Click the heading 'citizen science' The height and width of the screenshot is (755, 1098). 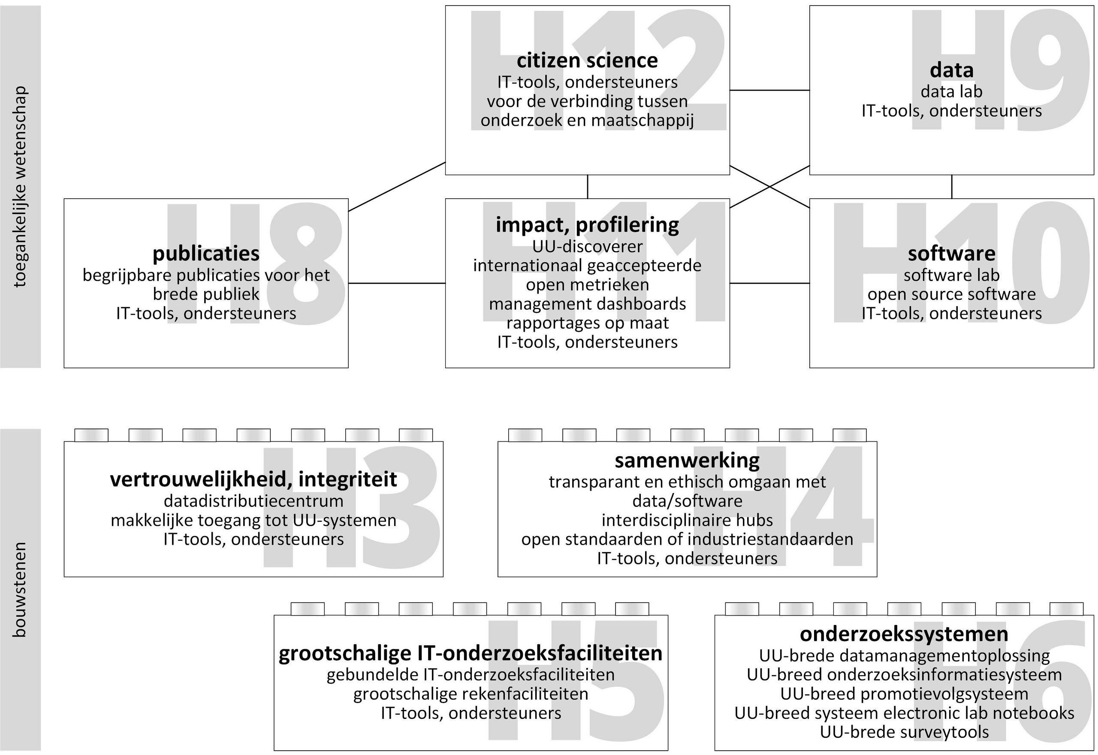tap(587, 61)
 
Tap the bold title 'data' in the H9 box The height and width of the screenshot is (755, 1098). tap(951, 70)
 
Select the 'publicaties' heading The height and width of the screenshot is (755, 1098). tap(206, 254)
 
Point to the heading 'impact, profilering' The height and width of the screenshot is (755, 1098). tap(587, 225)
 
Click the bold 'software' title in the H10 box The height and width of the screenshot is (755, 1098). tap(951, 254)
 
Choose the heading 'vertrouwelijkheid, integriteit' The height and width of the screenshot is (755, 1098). tap(253, 480)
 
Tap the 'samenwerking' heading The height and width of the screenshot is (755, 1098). tap(687, 461)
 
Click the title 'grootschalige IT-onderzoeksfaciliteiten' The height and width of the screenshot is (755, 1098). tap(471, 654)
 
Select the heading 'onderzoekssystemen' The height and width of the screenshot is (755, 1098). tap(904, 634)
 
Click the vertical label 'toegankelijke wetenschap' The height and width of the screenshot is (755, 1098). tap(20, 187)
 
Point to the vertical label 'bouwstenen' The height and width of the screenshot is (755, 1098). tap(20, 589)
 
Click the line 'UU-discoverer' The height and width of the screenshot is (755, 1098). tap(587, 246)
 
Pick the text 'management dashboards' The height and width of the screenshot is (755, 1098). tap(587, 304)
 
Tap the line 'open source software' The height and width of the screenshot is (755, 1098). tap(951, 294)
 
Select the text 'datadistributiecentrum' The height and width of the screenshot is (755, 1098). tap(253, 501)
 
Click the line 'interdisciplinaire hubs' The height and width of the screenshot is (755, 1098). tap(687, 520)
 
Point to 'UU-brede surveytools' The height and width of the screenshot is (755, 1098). tap(904, 732)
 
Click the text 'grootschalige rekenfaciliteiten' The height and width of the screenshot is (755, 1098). tap(471, 694)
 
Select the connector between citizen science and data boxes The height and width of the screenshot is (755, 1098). tap(769, 90)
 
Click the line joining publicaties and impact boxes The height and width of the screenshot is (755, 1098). tap(397, 283)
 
